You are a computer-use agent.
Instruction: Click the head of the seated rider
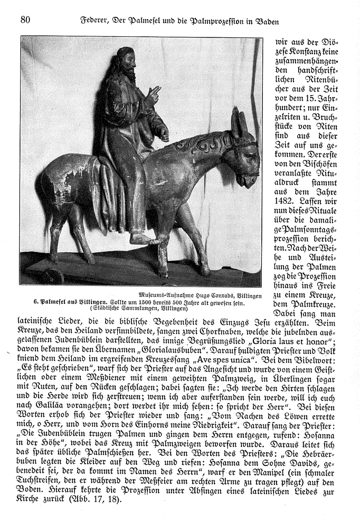(x=125, y=59)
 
